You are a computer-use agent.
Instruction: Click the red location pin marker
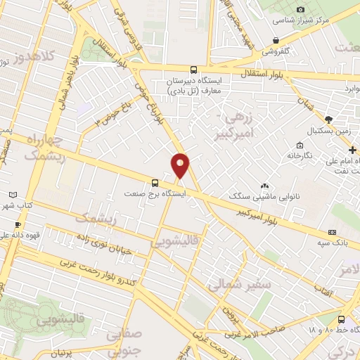[181, 165]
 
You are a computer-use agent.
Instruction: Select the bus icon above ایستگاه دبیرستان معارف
[193, 70]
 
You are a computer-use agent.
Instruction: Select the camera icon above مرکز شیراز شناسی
[301, 9]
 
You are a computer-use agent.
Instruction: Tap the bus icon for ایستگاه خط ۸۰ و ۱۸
[340, 319]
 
